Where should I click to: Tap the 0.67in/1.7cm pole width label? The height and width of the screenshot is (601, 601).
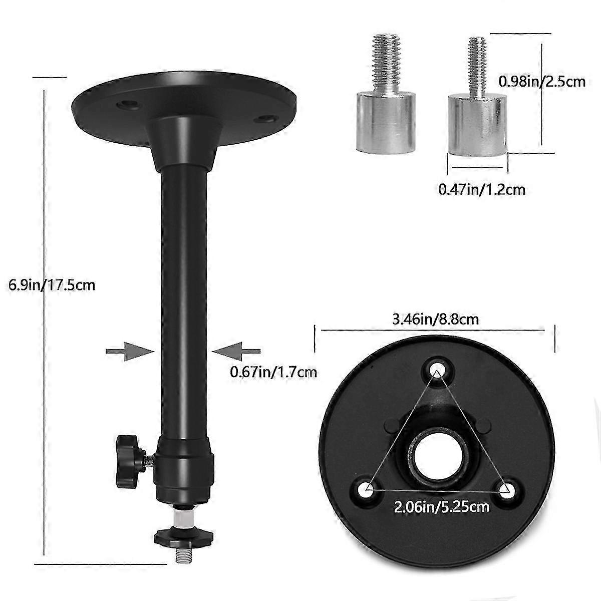point(273,372)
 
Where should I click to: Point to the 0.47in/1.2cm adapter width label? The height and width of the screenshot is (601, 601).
point(481,189)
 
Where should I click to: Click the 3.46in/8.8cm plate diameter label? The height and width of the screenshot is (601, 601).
point(436,319)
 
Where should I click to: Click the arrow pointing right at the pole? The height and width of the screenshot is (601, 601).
point(130,351)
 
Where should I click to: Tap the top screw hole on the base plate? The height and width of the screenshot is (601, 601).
point(436,367)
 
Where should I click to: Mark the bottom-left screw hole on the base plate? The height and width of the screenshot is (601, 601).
point(368,488)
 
